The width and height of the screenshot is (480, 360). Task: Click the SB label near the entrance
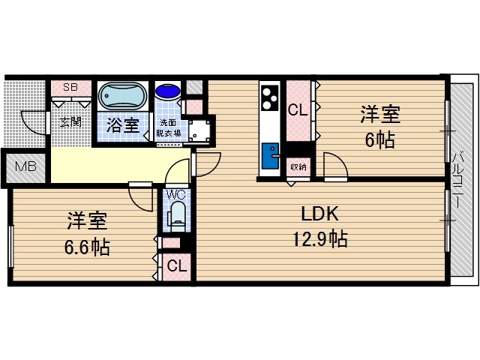tap(70, 87)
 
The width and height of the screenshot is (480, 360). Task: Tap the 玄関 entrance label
tap(70, 121)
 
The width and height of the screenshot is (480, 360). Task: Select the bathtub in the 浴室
tap(124, 97)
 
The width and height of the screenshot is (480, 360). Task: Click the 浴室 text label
tap(124, 124)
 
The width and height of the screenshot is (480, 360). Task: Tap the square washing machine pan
tap(199, 130)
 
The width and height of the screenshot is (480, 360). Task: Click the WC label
tap(175, 195)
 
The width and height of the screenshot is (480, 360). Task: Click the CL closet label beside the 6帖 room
tap(297, 110)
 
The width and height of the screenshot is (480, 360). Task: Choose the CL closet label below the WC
tap(176, 265)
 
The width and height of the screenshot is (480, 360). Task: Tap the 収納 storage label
tap(298, 166)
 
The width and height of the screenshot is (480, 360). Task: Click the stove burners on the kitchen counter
tap(269, 97)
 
